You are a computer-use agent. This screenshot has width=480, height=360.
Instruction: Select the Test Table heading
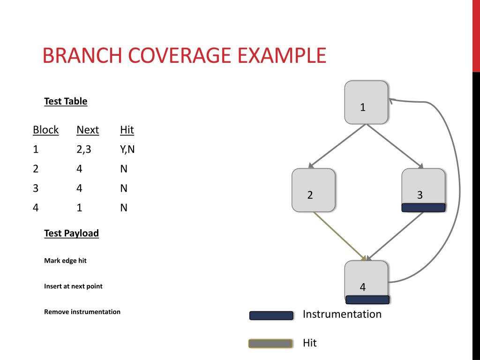66,101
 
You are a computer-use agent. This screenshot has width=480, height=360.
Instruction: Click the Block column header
46,130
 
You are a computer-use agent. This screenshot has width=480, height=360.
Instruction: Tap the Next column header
88,130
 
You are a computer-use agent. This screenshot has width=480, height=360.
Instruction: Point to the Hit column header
127,130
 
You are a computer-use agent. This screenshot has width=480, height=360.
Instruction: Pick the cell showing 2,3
83,150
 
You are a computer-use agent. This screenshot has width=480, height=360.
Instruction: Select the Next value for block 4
79,208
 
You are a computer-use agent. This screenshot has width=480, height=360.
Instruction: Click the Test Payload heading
71,233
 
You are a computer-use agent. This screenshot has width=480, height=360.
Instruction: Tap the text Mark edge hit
65,261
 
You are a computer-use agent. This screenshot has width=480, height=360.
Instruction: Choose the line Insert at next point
73,286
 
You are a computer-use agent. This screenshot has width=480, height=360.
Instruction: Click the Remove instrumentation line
82,312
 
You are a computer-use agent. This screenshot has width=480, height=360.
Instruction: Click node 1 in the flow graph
366,102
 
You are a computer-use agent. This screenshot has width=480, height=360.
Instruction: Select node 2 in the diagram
313,190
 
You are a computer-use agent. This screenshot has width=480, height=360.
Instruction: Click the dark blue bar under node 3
423,208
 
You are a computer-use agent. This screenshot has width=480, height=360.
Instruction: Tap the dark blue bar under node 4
367,300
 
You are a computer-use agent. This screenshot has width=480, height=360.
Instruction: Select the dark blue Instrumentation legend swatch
271,315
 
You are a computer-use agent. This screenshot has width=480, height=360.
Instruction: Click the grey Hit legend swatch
270,344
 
